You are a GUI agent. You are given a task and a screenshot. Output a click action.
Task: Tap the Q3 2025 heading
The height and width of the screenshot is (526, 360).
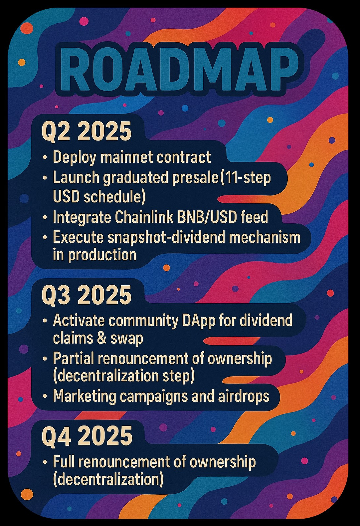pos(87,295)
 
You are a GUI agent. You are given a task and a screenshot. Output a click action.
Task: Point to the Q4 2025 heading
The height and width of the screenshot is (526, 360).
pos(87,435)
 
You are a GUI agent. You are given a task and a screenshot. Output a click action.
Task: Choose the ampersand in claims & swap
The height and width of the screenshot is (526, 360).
pos(102,338)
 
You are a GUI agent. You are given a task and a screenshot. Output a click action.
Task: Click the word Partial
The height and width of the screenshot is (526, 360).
pos(73,358)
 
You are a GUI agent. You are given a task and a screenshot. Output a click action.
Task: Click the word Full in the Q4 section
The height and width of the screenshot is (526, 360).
pos(64,461)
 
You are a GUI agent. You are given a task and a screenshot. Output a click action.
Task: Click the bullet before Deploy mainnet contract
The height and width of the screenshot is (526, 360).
pos(45,157)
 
